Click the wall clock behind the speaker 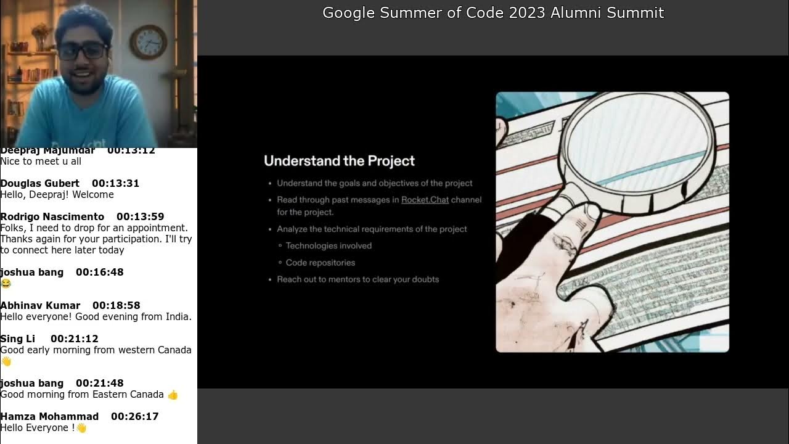[148, 42]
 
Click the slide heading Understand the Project [339, 161]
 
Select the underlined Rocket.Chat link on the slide [425, 200]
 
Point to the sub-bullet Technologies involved [329, 245]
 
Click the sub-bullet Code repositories [320, 263]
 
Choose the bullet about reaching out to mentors [358, 279]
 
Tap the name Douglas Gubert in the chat [40, 183]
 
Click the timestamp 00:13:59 [140, 216]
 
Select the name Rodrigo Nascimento [52, 216]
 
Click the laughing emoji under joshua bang [6, 284]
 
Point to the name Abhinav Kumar [40, 305]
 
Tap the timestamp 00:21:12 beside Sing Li [74, 339]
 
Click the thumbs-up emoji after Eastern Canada [173, 395]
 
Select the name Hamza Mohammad [49, 416]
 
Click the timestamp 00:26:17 [134, 416]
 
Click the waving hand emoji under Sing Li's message [6, 361]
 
